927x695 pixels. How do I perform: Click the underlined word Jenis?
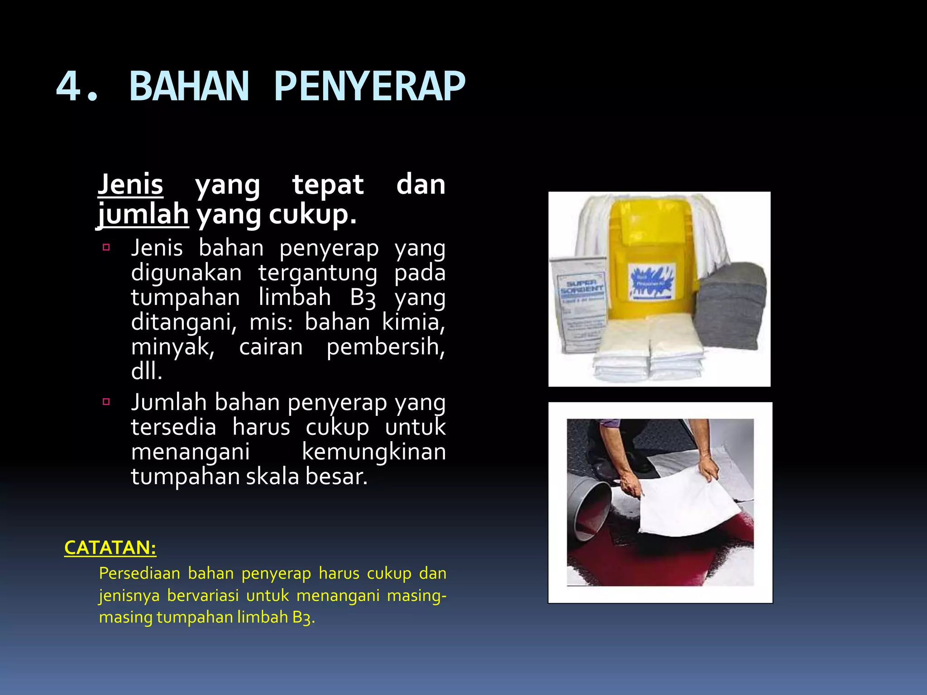130,185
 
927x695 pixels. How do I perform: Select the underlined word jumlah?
143,214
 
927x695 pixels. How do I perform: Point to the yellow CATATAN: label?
110,548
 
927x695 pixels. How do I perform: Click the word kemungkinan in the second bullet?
374,452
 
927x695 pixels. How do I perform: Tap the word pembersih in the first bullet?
386,347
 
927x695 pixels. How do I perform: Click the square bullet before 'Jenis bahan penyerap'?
106,248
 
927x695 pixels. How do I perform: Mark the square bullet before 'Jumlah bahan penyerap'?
106,401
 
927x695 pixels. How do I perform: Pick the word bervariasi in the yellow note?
203,595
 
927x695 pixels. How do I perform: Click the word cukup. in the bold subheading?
312,214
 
